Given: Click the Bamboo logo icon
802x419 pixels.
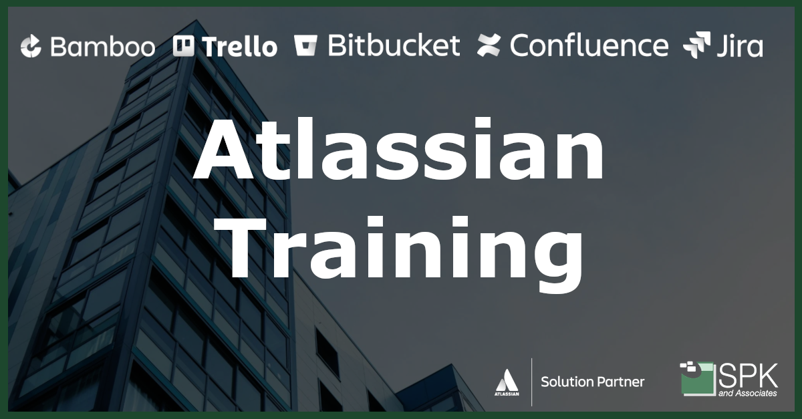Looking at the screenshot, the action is point(31,46).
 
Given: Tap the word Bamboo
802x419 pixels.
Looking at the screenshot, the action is point(103,47).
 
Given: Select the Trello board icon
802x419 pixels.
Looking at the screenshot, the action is point(183,46).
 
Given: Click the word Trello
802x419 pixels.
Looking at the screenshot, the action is point(239,47).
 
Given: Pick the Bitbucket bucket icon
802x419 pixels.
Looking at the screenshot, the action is point(305,46).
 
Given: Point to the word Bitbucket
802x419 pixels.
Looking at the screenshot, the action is point(394,45).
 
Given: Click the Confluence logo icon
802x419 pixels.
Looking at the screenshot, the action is point(489,45).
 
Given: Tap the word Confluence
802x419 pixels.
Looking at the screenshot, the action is point(589,45).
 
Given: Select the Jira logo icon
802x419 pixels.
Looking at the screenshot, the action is point(696,45).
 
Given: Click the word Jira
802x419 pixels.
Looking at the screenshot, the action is point(740,45).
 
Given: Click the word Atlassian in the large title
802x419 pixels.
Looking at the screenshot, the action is point(398,148).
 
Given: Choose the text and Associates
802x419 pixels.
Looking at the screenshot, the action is point(748,393).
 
